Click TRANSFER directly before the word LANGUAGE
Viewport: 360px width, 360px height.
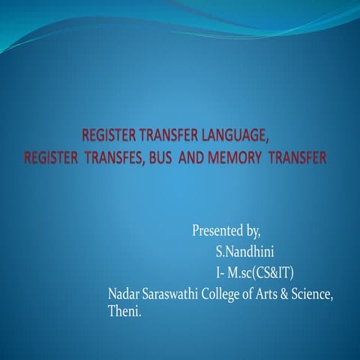[163, 136]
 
